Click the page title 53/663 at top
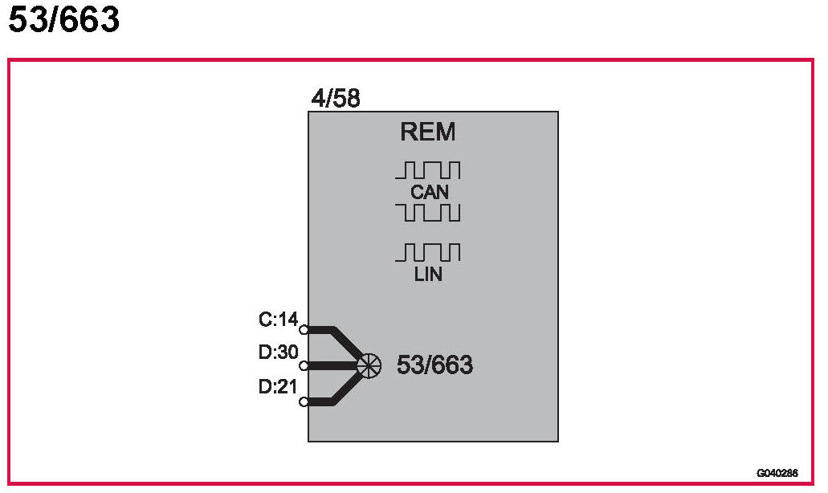(x=64, y=19)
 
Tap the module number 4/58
(x=336, y=100)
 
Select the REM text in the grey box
(x=428, y=132)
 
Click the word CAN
(x=429, y=193)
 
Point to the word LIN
(x=429, y=275)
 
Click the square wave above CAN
(x=428, y=170)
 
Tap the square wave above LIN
(x=428, y=253)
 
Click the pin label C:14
(x=278, y=320)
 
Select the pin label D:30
(x=278, y=353)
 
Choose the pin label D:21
(x=278, y=386)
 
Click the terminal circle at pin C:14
(x=304, y=329)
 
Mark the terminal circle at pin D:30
(x=304, y=365)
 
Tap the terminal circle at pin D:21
(x=304, y=401)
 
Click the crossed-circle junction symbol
(x=369, y=365)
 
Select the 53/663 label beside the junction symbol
(x=434, y=365)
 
